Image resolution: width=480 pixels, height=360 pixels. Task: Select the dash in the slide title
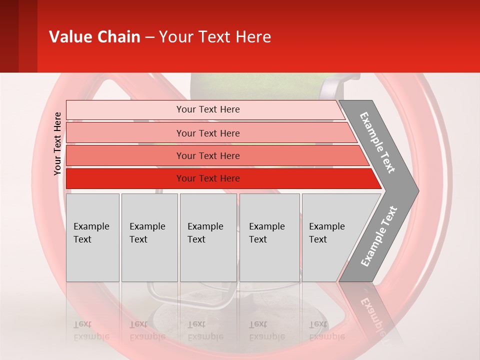149,37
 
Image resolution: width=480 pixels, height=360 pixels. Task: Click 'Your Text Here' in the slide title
214,37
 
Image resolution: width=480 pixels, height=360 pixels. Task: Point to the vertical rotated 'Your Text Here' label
57,143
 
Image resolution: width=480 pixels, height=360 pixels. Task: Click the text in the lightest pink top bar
208,109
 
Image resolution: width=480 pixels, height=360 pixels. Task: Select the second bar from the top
208,133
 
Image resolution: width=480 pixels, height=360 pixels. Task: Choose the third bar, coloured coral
208,155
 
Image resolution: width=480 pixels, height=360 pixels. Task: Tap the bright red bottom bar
208,178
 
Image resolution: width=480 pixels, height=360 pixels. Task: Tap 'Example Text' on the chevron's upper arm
378,142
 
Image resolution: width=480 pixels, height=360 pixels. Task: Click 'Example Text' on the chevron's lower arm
379,236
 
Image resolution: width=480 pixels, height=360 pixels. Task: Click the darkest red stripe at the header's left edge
9,36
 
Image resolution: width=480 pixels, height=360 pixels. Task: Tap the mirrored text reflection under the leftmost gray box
91,330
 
